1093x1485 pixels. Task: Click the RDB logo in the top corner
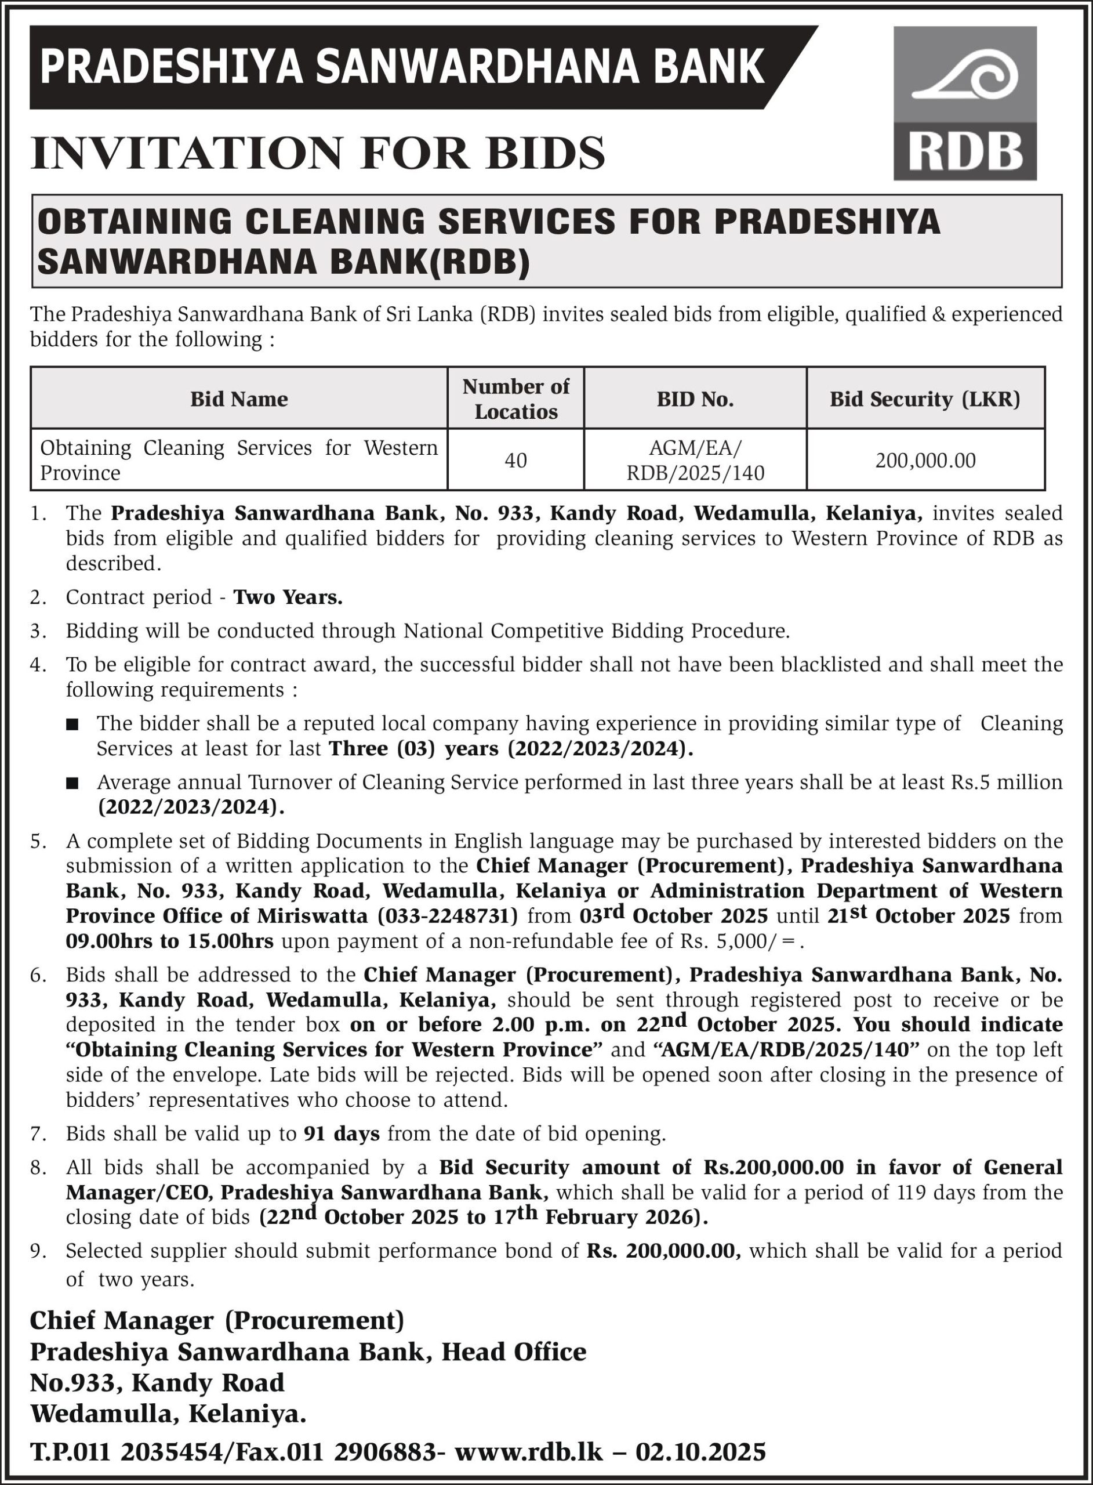click(965, 103)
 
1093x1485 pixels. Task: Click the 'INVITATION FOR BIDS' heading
click(318, 153)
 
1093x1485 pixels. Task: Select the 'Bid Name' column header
click(239, 399)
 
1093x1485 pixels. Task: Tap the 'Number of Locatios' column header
click(515, 399)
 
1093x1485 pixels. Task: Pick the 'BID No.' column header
click(695, 399)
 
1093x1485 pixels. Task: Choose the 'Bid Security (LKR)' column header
click(925, 399)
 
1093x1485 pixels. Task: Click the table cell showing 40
click(515, 460)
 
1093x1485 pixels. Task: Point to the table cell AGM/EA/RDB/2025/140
click(695, 460)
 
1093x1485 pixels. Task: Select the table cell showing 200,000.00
click(925, 460)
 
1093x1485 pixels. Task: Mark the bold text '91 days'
click(342, 1133)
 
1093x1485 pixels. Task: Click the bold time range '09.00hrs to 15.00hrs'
click(169, 941)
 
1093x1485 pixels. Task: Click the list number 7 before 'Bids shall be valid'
click(37, 1133)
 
